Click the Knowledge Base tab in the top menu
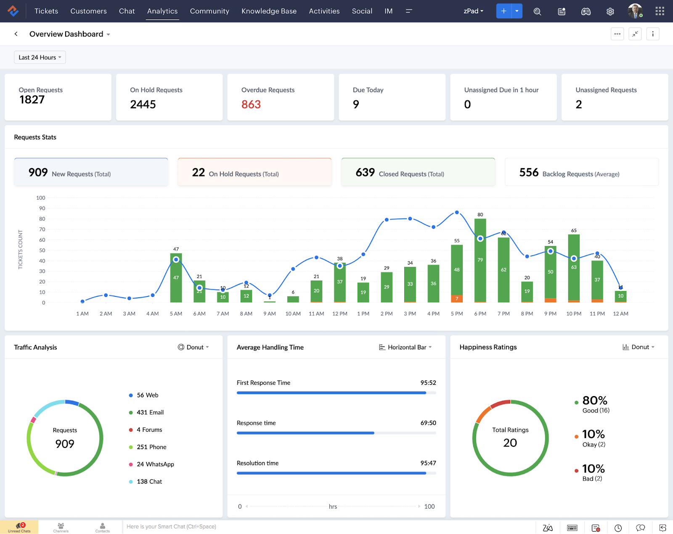(269, 11)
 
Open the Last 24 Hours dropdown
(40, 57)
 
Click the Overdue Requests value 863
(251, 104)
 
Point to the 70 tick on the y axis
(42, 229)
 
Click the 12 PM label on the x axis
(339, 314)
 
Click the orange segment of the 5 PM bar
(457, 299)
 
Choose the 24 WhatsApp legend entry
(155, 464)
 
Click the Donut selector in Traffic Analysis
(193, 347)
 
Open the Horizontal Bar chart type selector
(405, 347)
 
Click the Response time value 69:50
(428, 423)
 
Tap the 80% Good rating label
(594, 401)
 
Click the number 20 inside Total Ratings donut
(510, 443)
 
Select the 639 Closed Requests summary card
(418, 172)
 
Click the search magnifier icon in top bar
(537, 11)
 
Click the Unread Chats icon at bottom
(19, 527)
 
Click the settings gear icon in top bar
(610, 11)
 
